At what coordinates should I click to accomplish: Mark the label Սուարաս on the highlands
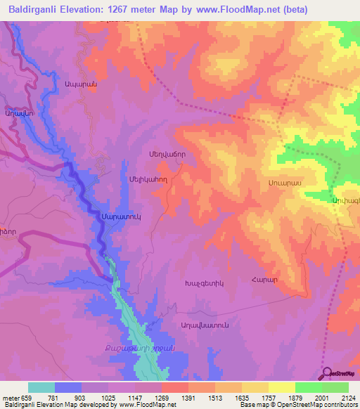285,181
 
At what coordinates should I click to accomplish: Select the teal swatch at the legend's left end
41,387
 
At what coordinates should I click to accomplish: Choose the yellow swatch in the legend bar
281,387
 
